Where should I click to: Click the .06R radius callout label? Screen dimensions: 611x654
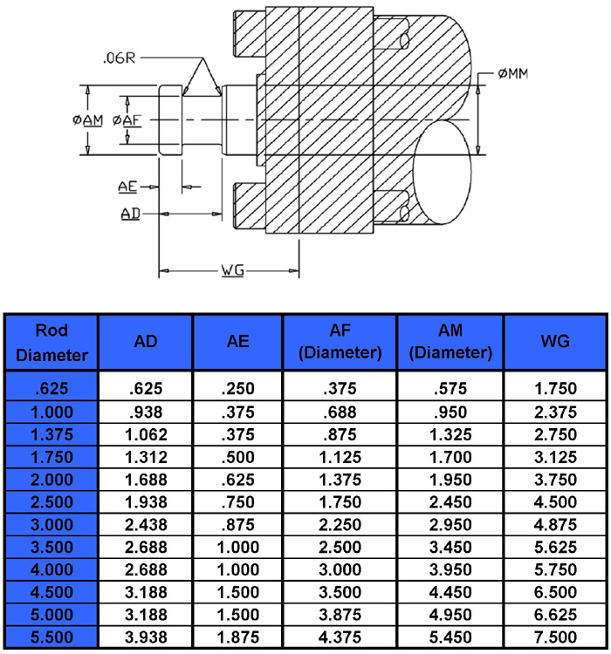(x=120, y=58)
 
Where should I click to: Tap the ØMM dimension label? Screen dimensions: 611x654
(x=513, y=74)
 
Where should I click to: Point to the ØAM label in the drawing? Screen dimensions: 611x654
(x=87, y=120)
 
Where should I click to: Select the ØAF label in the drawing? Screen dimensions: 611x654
(x=127, y=120)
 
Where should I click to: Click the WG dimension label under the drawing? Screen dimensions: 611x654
(x=233, y=270)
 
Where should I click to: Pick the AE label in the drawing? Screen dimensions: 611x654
(x=127, y=187)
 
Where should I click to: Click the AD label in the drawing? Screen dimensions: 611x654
(x=130, y=214)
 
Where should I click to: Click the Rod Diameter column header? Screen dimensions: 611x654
(x=51, y=343)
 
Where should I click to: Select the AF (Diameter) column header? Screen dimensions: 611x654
(x=340, y=342)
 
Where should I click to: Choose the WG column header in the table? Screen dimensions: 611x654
(x=555, y=342)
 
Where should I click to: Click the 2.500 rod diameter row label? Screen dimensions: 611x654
(x=51, y=501)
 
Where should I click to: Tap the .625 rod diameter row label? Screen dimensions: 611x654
(x=51, y=389)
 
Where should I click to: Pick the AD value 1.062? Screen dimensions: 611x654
(x=146, y=434)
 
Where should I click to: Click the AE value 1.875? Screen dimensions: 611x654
(x=238, y=637)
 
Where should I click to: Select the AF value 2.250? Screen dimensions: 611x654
(x=340, y=525)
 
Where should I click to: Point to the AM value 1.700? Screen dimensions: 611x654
(x=450, y=457)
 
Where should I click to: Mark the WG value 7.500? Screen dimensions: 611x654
(x=555, y=637)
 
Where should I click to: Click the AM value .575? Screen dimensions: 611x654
(x=450, y=389)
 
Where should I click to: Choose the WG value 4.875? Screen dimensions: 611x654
(x=555, y=525)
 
